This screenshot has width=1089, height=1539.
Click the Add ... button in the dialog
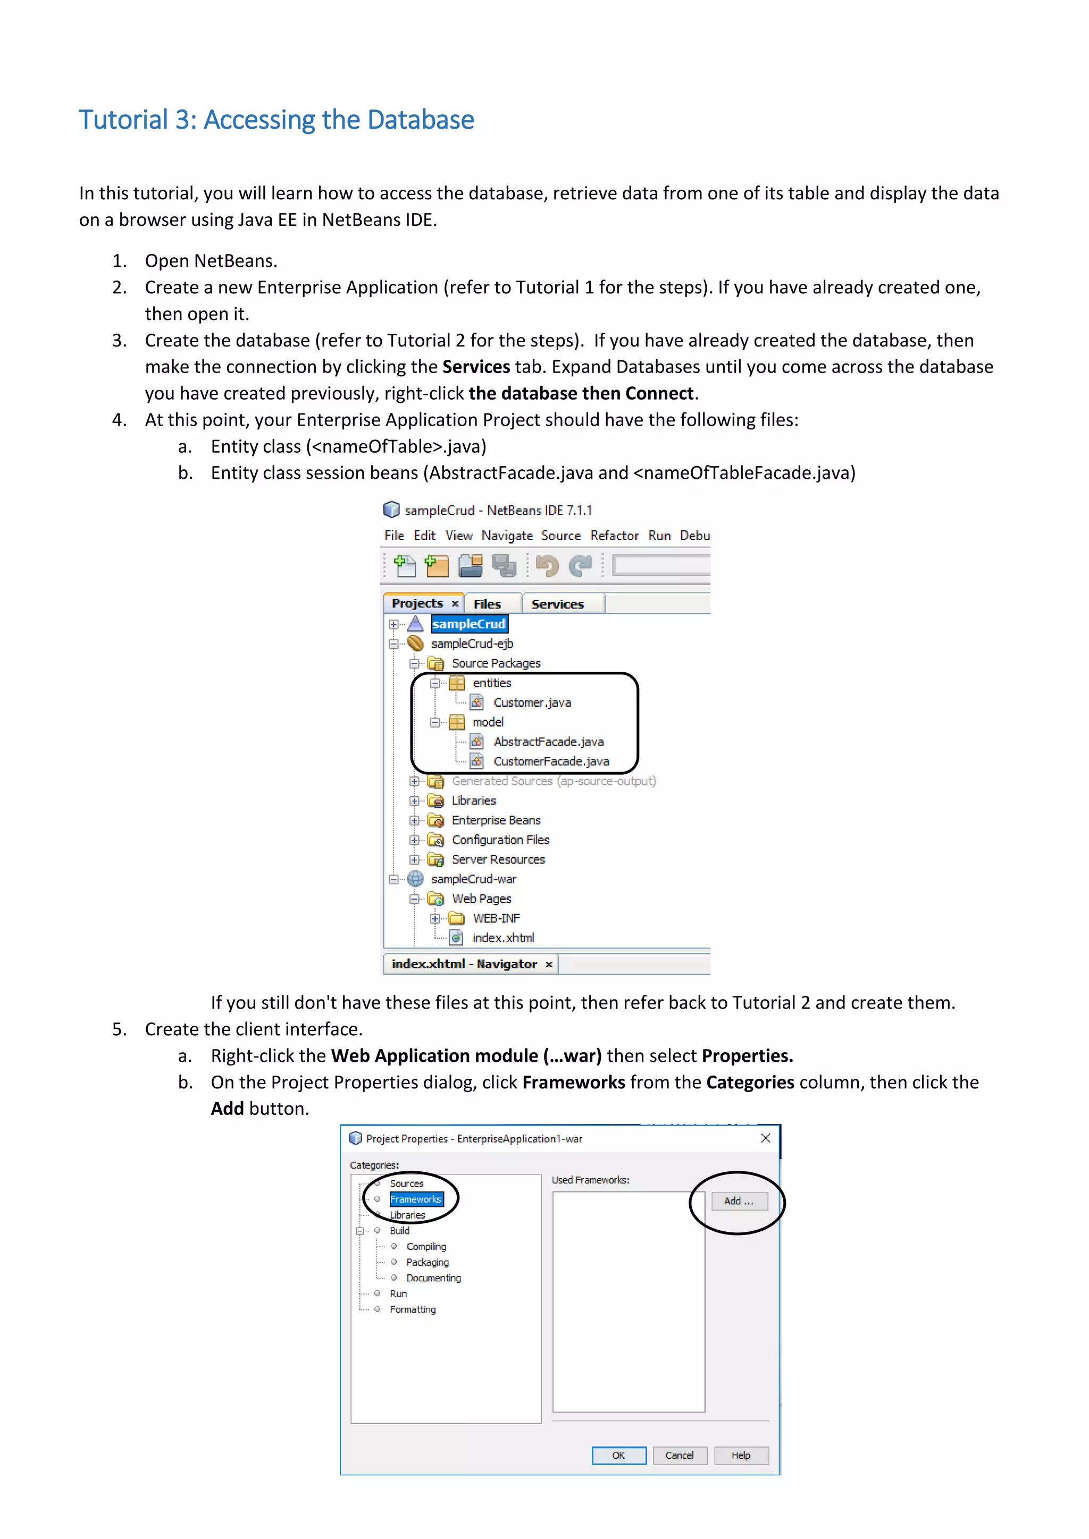[x=738, y=1201]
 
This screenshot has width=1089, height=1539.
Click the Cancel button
[x=679, y=1455]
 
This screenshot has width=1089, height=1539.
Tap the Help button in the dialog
[x=741, y=1455]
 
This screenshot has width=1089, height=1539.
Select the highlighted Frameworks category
[x=416, y=1199]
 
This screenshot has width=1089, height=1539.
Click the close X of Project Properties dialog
[x=766, y=1138]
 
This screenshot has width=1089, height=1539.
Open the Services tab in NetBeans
[x=557, y=604]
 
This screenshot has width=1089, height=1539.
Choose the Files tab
[x=487, y=604]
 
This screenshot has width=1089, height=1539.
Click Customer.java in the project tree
[x=532, y=703]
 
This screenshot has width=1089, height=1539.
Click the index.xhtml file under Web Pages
[x=502, y=938]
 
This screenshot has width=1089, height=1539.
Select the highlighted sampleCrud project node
[x=468, y=624]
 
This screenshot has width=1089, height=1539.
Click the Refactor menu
[x=614, y=536]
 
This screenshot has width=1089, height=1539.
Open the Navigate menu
[x=507, y=536]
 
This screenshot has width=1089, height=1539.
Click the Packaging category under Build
[x=427, y=1262]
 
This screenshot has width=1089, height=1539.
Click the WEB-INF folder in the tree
[x=496, y=918]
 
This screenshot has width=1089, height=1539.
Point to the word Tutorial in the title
[x=123, y=120]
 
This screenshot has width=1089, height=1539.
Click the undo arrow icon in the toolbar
[x=547, y=566]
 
